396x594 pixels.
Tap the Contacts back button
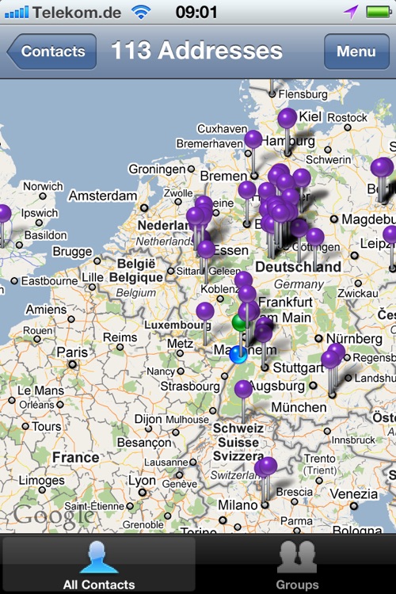click(51, 52)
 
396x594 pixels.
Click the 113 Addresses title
click(196, 51)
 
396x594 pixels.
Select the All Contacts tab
click(99, 564)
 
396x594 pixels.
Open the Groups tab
click(297, 564)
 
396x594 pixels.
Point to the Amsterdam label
click(103, 195)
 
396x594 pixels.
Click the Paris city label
click(72, 352)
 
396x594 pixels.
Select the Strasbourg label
click(189, 386)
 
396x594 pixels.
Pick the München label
click(299, 407)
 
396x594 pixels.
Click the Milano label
click(238, 505)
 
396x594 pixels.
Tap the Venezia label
click(354, 494)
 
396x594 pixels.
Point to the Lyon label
click(143, 481)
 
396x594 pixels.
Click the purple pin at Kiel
click(287, 119)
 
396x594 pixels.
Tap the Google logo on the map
click(53, 516)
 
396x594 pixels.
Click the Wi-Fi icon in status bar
click(141, 12)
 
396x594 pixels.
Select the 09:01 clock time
click(196, 12)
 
